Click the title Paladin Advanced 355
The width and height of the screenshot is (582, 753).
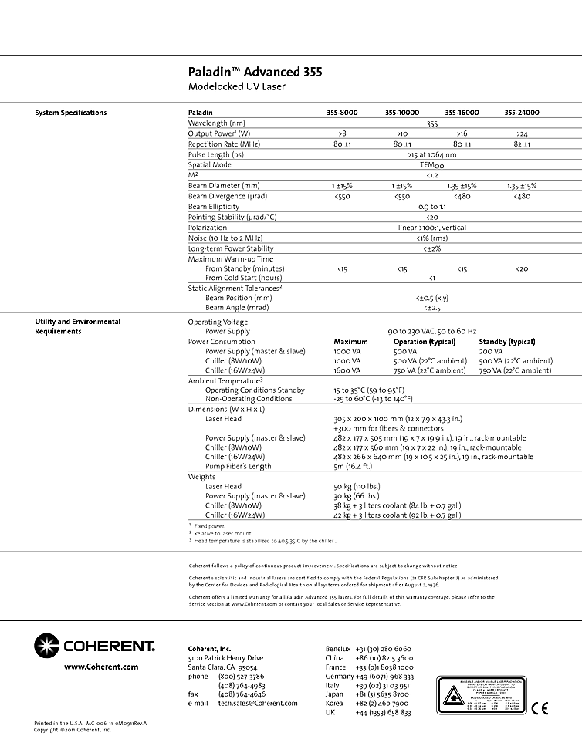[x=255, y=73]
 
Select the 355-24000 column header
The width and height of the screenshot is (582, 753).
[x=522, y=113]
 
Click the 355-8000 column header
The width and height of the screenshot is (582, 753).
[x=342, y=113]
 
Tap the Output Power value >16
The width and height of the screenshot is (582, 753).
[x=462, y=133]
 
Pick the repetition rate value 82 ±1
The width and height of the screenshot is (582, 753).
[x=522, y=144]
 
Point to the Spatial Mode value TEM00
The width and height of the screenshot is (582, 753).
[x=431, y=164]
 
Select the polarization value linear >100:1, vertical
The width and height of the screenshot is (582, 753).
[x=431, y=228]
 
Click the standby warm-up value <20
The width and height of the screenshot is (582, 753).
[x=522, y=268]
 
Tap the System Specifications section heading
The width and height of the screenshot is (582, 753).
[x=71, y=113]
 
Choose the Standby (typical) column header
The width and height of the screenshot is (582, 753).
[x=507, y=341]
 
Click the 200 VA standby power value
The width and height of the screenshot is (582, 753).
[x=491, y=350]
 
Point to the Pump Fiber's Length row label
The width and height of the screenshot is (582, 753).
[x=238, y=466]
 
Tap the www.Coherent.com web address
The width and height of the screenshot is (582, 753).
[x=101, y=666]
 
